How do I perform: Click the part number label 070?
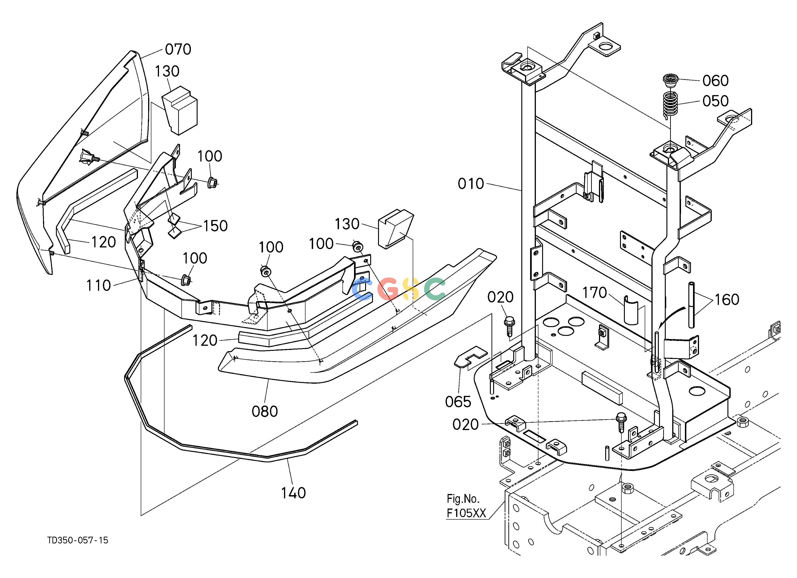click(178, 49)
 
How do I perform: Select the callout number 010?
click(471, 184)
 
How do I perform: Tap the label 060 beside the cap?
click(715, 81)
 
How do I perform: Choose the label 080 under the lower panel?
click(265, 411)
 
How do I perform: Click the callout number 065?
click(458, 402)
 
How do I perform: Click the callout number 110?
click(98, 285)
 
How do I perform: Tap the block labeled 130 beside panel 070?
click(180, 110)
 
